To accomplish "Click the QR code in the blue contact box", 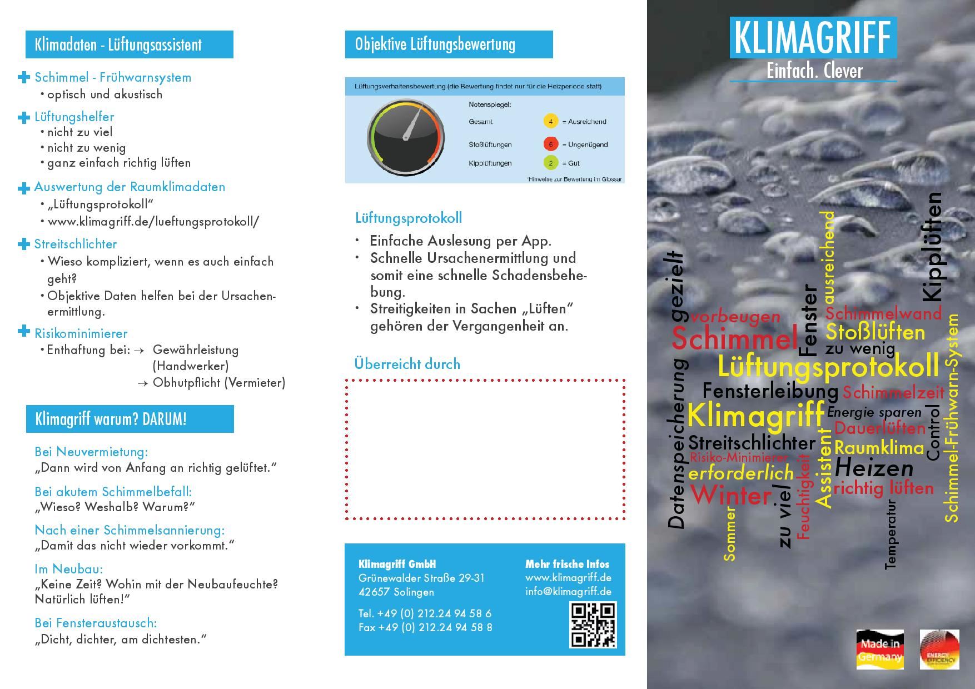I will pyautogui.click(x=593, y=625).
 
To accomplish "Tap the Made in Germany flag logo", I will pyautogui.click(x=879, y=649).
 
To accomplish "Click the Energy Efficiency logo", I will pyautogui.click(x=939, y=649).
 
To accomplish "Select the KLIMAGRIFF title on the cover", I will pyautogui.click(x=813, y=37).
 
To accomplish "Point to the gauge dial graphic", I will pyautogui.click(x=405, y=137).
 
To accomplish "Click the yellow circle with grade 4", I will pyautogui.click(x=550, y=122).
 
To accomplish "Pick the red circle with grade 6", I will pyautogui.click(x=550, y=144).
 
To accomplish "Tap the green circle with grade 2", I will pyautogui.click(x=550, y=163).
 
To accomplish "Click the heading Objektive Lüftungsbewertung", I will pyautogui.click(x=435, y=44).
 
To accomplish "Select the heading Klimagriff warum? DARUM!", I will pyautogui.click(x=111, y=419).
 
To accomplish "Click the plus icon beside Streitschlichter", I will pyautogui.click(x=23, y=244).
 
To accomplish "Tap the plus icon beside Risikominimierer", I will pyautogui.click(x=23, y=332).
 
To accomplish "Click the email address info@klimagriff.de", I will pyautogui.click(x=568, y=591).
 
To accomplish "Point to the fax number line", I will pyautogui.click(x=425, y=627).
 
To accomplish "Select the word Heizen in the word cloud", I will pyautogui.click(x=874, y=468).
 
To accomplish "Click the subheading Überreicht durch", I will pyautogui.click(x=407, y=364).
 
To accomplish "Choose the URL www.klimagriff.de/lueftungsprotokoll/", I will pyautogui.click(x=153, y=221).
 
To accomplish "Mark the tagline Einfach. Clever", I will pyautogui.click(x=814, y=71).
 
